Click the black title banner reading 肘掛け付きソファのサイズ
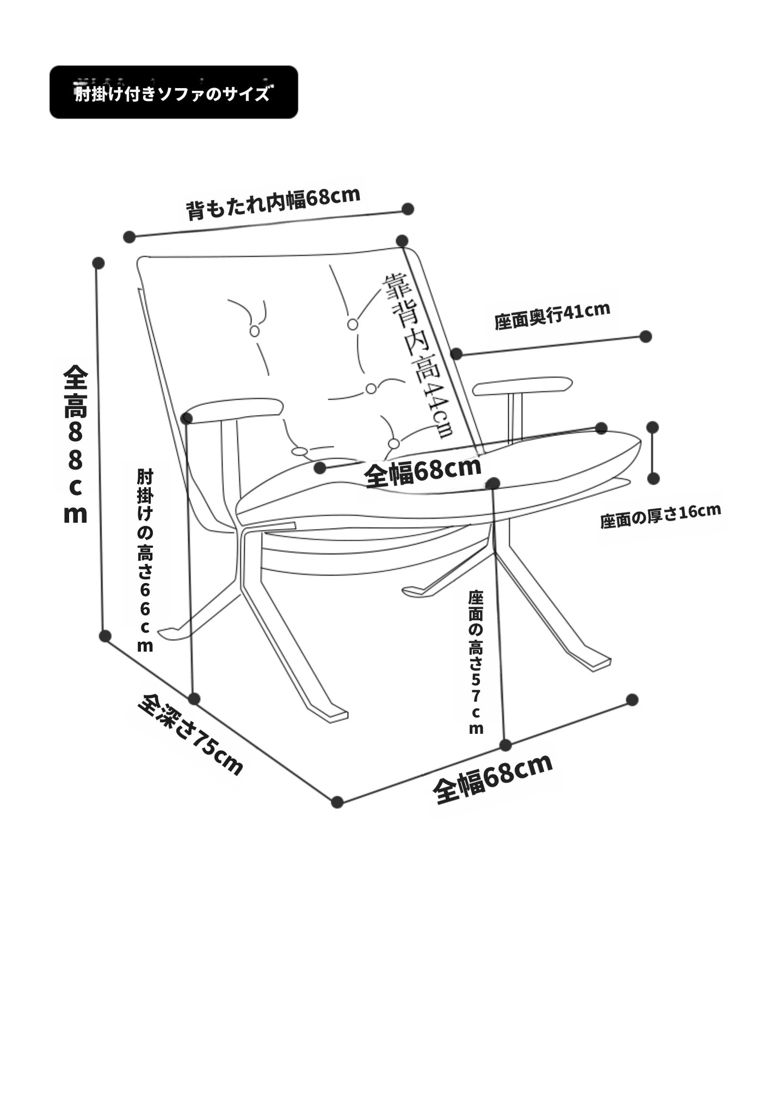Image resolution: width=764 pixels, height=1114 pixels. tap(174, 92)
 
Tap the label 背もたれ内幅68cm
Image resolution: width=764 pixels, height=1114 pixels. tap(273, 203)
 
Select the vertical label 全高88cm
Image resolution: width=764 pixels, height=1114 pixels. tap(75, 444)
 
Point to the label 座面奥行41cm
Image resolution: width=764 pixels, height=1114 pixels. tap(552, 315)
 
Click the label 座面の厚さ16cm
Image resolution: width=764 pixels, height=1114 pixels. tap(661, 516)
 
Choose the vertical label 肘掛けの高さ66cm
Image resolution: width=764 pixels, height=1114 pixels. tap(145, 560)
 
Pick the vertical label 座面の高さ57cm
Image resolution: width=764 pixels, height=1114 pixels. tap(476, 662)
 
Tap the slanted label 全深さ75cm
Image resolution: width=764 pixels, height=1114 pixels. tap(190, 734)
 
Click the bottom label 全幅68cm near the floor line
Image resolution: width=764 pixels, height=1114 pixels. tap(493, 778)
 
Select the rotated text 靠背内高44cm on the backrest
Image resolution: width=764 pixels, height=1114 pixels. tap(418, 356)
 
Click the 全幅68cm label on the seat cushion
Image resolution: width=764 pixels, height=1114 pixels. tap(423, 471)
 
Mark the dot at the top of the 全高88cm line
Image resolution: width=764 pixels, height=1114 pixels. tap(98, 263)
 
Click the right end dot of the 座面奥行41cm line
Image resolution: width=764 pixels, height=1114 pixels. tap(646, 337)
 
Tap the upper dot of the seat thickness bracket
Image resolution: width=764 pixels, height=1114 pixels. tap(652, 428)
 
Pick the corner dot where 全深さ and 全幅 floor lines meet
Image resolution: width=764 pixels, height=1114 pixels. tap(337, 802)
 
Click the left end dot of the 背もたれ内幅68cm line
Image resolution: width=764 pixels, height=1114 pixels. tap(129, 237)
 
